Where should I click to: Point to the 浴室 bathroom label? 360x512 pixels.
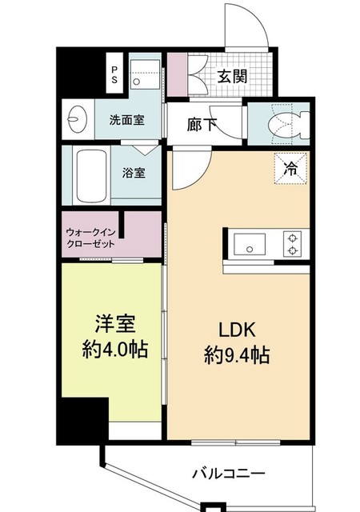(x=133, y=172)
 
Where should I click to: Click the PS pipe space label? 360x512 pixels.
(x=114, y=74)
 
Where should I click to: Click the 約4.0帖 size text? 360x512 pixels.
(x=118, y=351)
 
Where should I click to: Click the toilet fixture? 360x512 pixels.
(x=286, y=121)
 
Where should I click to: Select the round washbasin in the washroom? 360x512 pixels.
(x=78, y=121)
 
